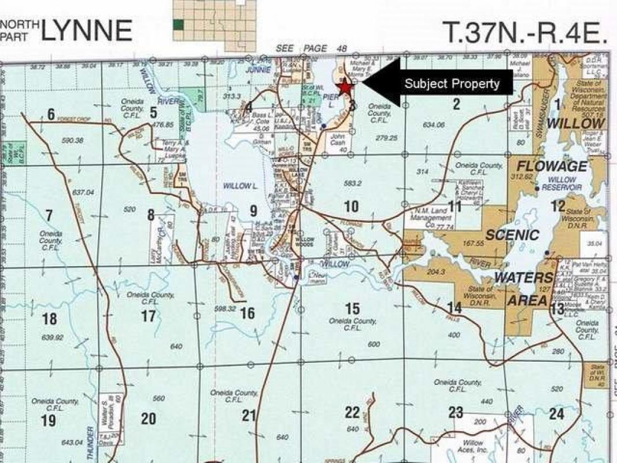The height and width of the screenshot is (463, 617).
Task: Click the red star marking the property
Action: [345, 87]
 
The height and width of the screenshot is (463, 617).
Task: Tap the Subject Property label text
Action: [452, 83]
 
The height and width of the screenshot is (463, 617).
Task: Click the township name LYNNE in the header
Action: [87, 30]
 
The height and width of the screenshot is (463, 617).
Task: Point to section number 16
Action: [247, 314]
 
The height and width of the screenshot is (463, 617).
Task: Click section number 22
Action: [352, 412]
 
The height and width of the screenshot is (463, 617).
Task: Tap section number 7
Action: [49, 216]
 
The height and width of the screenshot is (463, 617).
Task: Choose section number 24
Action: [556, 414]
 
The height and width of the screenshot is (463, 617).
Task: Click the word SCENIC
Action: [512, 236]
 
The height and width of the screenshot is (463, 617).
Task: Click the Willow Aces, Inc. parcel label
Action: [473, 446]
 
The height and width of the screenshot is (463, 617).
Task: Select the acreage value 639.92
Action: [49, 337]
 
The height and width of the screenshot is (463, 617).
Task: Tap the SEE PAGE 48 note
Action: [311, 49]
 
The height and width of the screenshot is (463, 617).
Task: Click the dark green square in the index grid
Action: [179, 24]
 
